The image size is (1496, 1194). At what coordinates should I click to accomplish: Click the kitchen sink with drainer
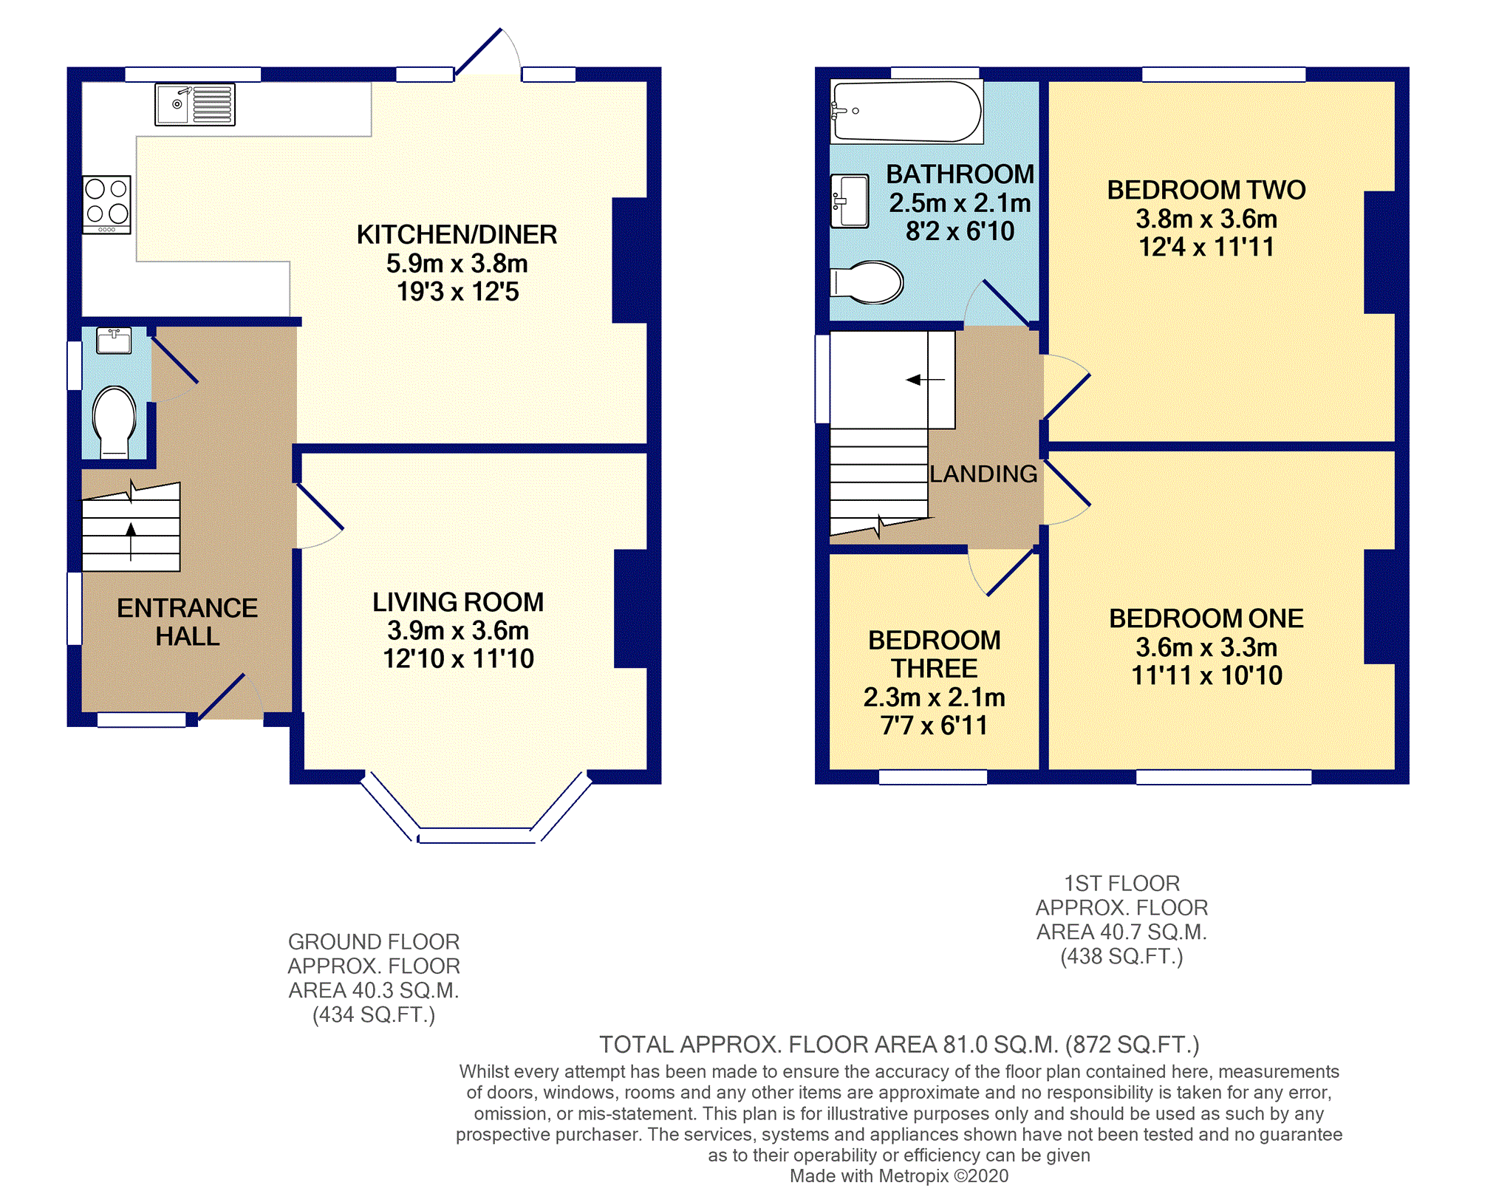point(194,104)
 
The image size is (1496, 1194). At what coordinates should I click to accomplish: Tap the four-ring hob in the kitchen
point(106,203)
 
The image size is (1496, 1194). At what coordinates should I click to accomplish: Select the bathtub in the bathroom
point(906,112)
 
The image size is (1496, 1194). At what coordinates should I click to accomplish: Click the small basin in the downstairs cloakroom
point(114,341)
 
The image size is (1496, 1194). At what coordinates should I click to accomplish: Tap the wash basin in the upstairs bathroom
point(850,200)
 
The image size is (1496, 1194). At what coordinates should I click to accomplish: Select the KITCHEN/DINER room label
point(457,235)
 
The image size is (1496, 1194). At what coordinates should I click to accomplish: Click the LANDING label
point(983,474)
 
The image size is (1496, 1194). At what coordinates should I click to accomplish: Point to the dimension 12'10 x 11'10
point(458,658)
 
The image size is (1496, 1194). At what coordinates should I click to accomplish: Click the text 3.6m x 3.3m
point(1206,647)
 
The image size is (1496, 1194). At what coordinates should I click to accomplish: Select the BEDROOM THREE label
point(934,654)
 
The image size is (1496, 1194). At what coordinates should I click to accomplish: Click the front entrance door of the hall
point(222,696)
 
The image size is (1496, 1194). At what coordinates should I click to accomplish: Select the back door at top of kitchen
point(479,52)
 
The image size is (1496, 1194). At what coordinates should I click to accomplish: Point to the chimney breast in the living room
point(631,608)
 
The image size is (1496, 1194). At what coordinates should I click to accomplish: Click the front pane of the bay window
point(477,836)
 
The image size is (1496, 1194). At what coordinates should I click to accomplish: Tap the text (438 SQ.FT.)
point(1121,957)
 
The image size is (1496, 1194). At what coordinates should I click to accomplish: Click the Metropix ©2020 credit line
point(898,1176)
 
